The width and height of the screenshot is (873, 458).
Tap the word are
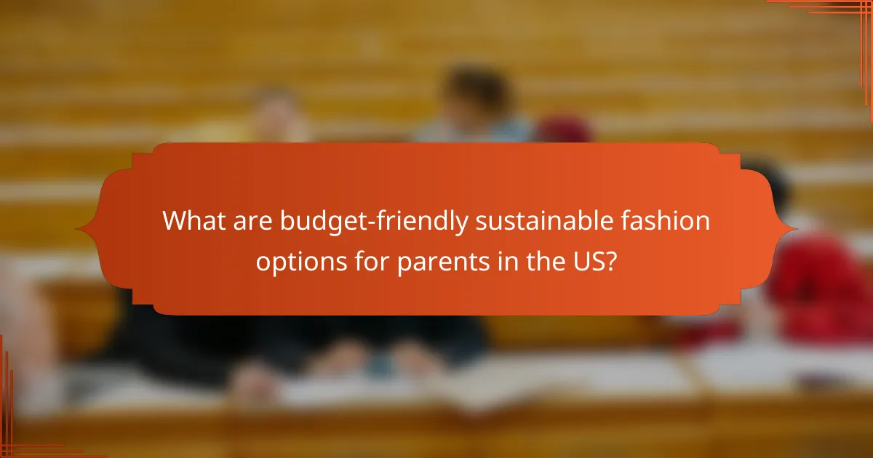coord(254,220)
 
